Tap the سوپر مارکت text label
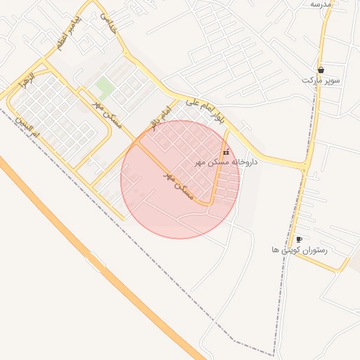click(x=321, y=81)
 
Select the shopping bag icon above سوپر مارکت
click(x=321, y=70)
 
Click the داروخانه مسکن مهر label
click(x=226, y=162)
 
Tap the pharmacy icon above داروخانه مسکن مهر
click(x=225, y=153)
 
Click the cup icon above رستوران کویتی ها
click(x=299, y=240)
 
